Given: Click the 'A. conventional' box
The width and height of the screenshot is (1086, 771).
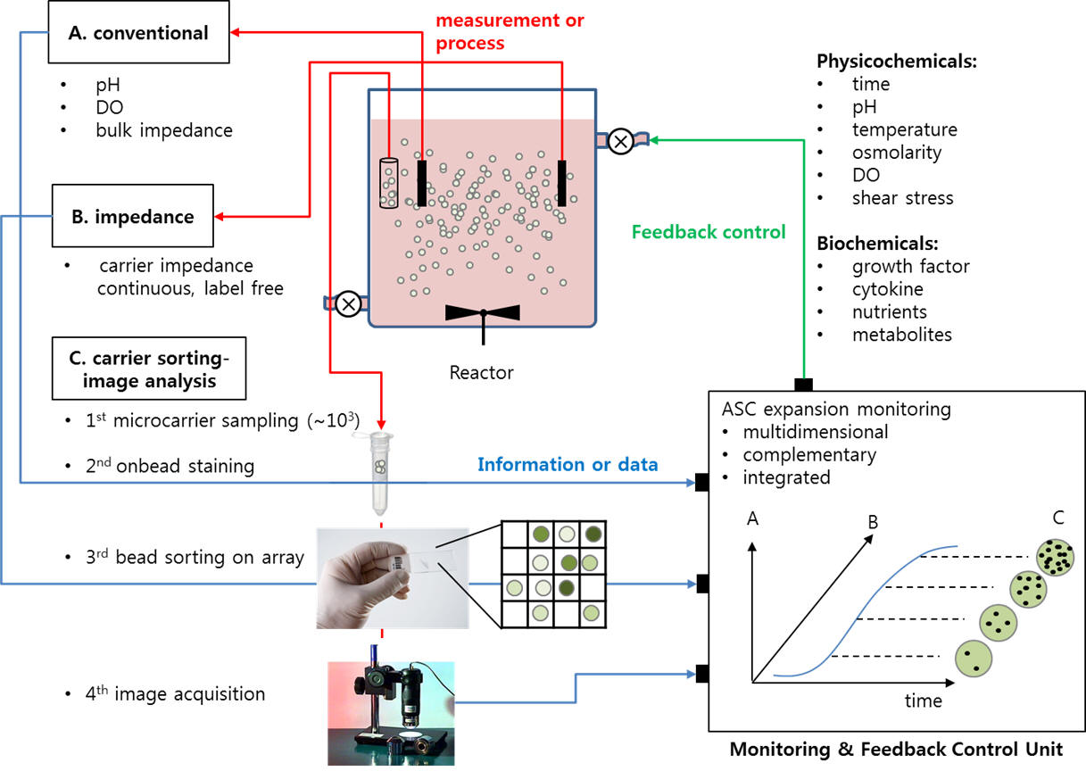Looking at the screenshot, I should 138,33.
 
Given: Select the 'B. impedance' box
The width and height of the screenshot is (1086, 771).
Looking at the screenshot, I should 133,216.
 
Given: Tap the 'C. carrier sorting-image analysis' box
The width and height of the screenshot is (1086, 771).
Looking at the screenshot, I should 149,368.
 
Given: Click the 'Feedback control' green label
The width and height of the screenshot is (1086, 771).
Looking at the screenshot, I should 709,232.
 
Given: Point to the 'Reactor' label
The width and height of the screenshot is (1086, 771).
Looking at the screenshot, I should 481,372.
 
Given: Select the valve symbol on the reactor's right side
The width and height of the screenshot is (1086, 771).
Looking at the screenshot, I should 620,140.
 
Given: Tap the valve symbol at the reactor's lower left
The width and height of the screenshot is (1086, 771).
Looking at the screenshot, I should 348,304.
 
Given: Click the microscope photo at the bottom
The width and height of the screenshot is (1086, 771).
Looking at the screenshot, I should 390,712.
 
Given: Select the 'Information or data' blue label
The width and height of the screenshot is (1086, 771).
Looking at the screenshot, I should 568,464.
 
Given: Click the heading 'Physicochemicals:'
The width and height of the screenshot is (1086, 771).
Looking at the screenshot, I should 883,62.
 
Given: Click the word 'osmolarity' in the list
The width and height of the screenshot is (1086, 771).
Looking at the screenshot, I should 896,152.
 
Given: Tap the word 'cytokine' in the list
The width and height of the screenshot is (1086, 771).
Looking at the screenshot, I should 887,289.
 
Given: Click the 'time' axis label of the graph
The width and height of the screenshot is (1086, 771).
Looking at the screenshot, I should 923,701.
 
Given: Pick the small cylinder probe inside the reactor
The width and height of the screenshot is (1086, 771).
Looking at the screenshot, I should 388,182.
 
